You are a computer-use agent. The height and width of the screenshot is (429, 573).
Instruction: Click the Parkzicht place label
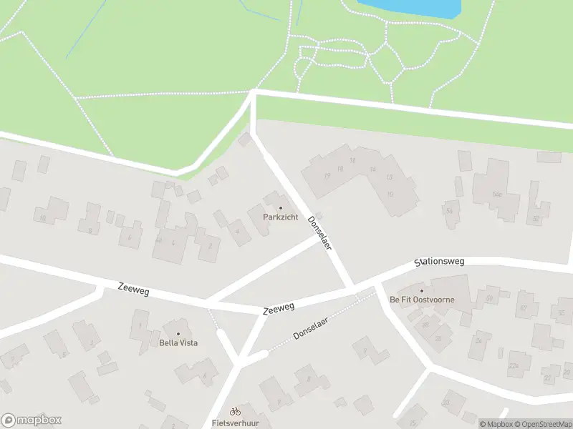(x=280, y=217)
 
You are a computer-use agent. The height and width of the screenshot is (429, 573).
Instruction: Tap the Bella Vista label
(x=178, y=342)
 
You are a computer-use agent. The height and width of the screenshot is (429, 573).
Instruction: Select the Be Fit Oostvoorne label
(x=422, y=300)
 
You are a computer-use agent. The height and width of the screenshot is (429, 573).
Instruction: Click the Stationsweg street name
(x=440, y=262)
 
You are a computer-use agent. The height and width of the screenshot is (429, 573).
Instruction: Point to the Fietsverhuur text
(x=235, y=423)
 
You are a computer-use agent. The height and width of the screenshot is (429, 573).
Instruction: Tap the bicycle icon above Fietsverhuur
(x=235, y=411)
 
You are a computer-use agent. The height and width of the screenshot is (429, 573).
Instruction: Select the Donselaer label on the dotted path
(x=314, y=329)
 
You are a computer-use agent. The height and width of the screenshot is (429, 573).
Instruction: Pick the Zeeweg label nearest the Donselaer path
(x=279, y=309)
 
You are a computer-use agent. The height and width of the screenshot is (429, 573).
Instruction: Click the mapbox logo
(x=32, y=420)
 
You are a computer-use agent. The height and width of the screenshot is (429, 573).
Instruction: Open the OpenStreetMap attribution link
(x=541, y=424)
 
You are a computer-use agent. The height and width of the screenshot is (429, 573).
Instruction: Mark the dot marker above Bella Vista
(x=178, y=334)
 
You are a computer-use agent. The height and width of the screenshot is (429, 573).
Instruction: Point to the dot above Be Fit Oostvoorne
(x=422, y=290)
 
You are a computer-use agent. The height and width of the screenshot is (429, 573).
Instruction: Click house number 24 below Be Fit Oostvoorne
(x=479, y=340)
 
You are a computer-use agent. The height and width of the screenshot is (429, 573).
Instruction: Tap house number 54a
(x=450, y=210)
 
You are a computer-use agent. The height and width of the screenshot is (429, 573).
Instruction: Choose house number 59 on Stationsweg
(x=490, y=297)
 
